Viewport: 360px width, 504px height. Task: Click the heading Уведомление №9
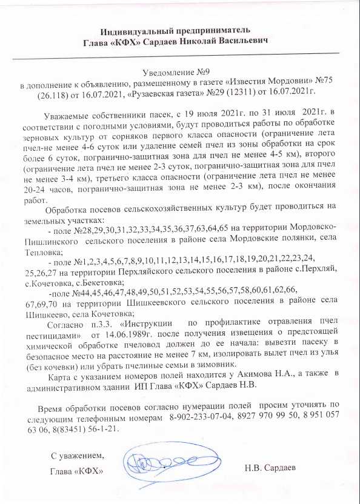(x=180, y=71)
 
